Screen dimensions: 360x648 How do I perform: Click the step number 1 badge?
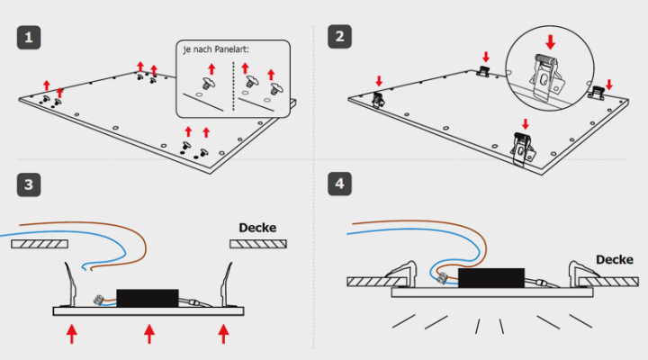30,37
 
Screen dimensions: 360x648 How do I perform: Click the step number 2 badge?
340,37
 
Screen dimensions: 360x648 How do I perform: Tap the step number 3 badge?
30,184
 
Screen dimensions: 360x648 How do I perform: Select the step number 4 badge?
340,184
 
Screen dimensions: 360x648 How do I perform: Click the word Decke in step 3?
257,227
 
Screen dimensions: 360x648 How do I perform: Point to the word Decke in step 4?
615,259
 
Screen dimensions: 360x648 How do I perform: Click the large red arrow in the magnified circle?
550,41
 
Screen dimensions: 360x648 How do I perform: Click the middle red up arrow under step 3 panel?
148,335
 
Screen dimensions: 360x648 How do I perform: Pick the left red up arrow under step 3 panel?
72,335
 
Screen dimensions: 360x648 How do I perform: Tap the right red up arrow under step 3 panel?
224,335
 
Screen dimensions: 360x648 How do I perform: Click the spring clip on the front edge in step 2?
521,148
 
